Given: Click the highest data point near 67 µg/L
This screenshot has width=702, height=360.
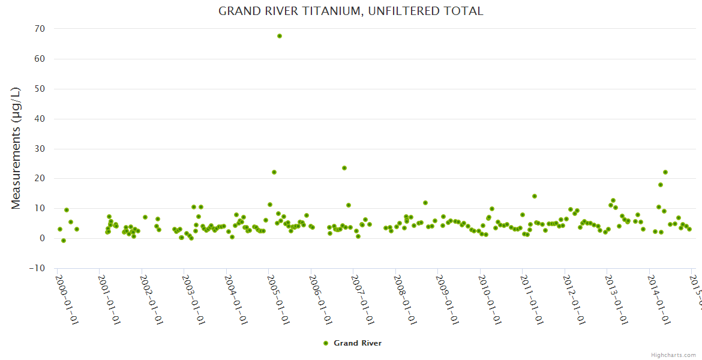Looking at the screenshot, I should point(280,36).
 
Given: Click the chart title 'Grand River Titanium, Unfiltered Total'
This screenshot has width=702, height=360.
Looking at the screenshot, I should point(350,11).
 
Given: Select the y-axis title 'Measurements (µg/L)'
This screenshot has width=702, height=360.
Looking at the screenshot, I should point(16,148).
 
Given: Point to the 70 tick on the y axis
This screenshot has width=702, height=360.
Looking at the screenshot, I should point(40,29).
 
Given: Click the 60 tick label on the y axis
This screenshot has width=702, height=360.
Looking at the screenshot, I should point(40,59).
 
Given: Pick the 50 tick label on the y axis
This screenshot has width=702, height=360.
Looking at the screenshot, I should point(40,89).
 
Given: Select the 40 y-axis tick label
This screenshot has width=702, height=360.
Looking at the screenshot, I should point(40,119).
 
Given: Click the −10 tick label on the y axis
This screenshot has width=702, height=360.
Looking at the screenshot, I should point(37,268).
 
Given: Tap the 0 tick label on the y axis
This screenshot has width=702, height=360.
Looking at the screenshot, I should point(43,238).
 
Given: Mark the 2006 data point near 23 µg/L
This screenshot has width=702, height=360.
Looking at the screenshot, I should point(344,168).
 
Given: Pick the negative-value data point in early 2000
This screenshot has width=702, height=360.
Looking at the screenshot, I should point(64,241).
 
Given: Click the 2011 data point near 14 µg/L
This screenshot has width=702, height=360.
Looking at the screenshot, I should point(535,196).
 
